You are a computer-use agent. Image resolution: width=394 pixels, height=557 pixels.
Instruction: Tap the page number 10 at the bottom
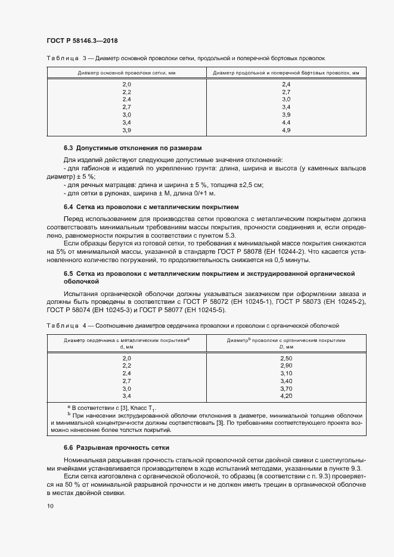click(49, 506)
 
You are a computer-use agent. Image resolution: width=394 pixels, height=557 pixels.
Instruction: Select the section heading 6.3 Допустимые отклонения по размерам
click(133, 147)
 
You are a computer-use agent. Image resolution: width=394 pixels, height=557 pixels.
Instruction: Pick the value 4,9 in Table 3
click(286, 130)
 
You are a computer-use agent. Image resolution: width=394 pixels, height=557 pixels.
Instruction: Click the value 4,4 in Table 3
click(286, 122)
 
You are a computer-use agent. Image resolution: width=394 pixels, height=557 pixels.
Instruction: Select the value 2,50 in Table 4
click(286, 357)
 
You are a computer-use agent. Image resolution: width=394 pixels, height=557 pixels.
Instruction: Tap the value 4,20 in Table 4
click(286, 396)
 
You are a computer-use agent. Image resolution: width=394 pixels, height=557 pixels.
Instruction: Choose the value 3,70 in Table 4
click(286, 388)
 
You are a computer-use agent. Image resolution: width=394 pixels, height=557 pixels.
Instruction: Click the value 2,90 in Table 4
click(286, 365)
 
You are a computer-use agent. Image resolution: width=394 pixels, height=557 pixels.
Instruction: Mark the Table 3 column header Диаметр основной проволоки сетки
click(126, 73)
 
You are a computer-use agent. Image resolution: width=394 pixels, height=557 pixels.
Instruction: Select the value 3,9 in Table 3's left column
click(126, 130)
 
